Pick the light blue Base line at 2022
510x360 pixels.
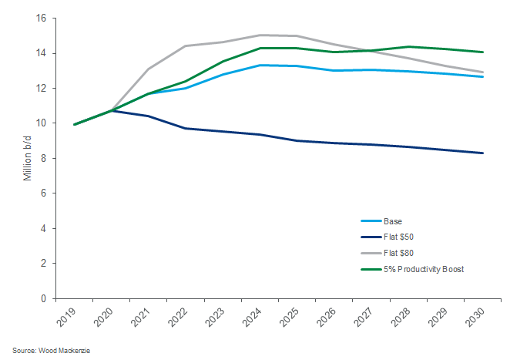(x=186, y=88)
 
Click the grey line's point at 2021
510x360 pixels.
(x=149, y=69)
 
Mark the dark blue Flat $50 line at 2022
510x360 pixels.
(x=186, y=128)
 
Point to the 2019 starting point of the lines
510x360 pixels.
(x=74, y=124)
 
